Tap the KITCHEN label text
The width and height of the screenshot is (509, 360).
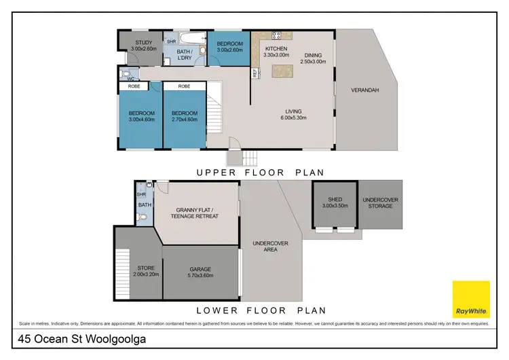[276, 50]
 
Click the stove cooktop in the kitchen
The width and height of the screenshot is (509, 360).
[276, 35]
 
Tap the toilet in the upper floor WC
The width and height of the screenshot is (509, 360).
[126, 73]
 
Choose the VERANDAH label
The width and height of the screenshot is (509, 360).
[364, 90]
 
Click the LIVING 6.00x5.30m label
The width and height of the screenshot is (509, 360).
[293, 114]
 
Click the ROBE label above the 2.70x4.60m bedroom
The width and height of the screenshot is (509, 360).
[184, 86]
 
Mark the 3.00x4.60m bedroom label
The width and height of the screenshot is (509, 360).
[141, 116]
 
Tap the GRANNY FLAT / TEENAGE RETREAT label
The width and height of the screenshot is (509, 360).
[197, 213]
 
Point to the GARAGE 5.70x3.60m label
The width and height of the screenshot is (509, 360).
[200, 272]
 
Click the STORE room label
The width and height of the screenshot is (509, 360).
[145, 271]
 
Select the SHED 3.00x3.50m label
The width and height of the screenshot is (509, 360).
[335, 202]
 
